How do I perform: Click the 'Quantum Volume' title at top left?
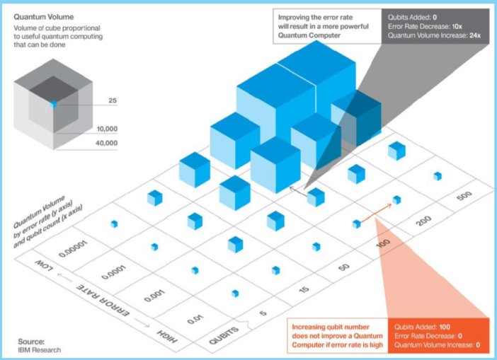(44, 17)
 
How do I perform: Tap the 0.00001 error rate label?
(73, 248)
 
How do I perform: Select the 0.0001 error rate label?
(113, 272)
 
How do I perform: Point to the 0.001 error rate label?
(154, 296)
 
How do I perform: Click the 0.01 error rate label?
(195, 319)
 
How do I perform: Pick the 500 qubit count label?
(464, 196)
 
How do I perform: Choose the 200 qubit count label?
(423, 221)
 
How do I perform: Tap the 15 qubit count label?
(304, 289)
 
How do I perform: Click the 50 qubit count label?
(344, 267)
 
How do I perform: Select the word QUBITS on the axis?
(224, 335)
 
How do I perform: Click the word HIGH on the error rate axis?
(166, 336)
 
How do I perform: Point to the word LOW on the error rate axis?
(44, 266)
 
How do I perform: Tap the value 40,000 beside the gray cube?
(106, 143)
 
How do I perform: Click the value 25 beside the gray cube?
(113, 100)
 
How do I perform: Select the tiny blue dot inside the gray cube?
(54, 104)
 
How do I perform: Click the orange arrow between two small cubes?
(376, 214)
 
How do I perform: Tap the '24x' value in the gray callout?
(475, 35)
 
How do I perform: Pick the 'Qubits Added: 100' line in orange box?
(422, 327)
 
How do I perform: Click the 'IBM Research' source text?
(40, 350)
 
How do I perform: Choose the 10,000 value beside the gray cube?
(107, 129)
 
